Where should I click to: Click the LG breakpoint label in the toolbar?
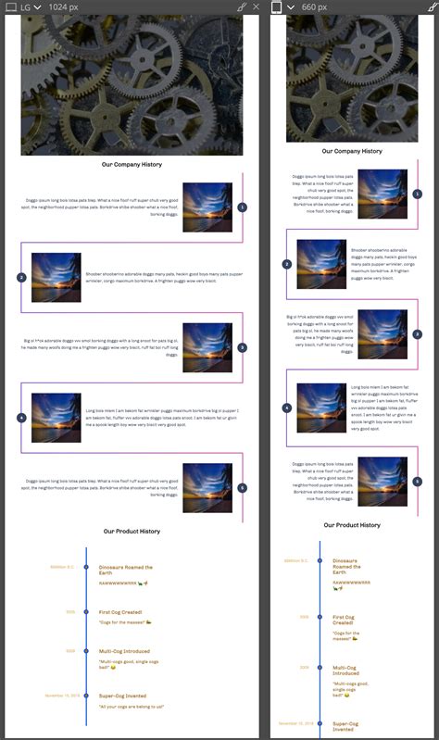click(x=25, y=6)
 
